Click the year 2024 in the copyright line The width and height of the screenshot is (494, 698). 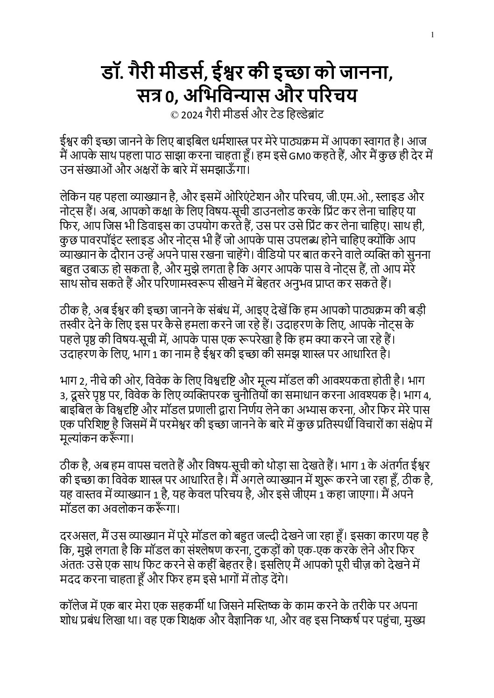pyautogui.click(x=192, y=115)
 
